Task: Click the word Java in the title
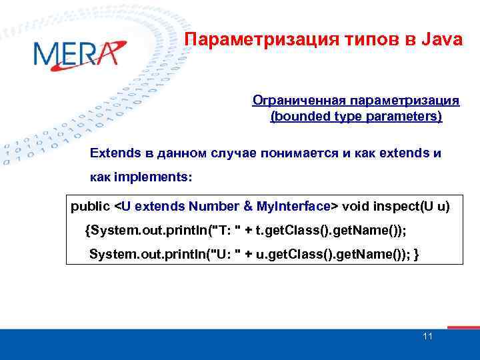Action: tap(442, 40)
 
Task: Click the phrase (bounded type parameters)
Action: tap(356, 117)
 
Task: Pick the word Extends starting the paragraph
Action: tap(115, 153)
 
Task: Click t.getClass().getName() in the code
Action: tap(328, 230)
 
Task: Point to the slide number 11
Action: tap(428, 336)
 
